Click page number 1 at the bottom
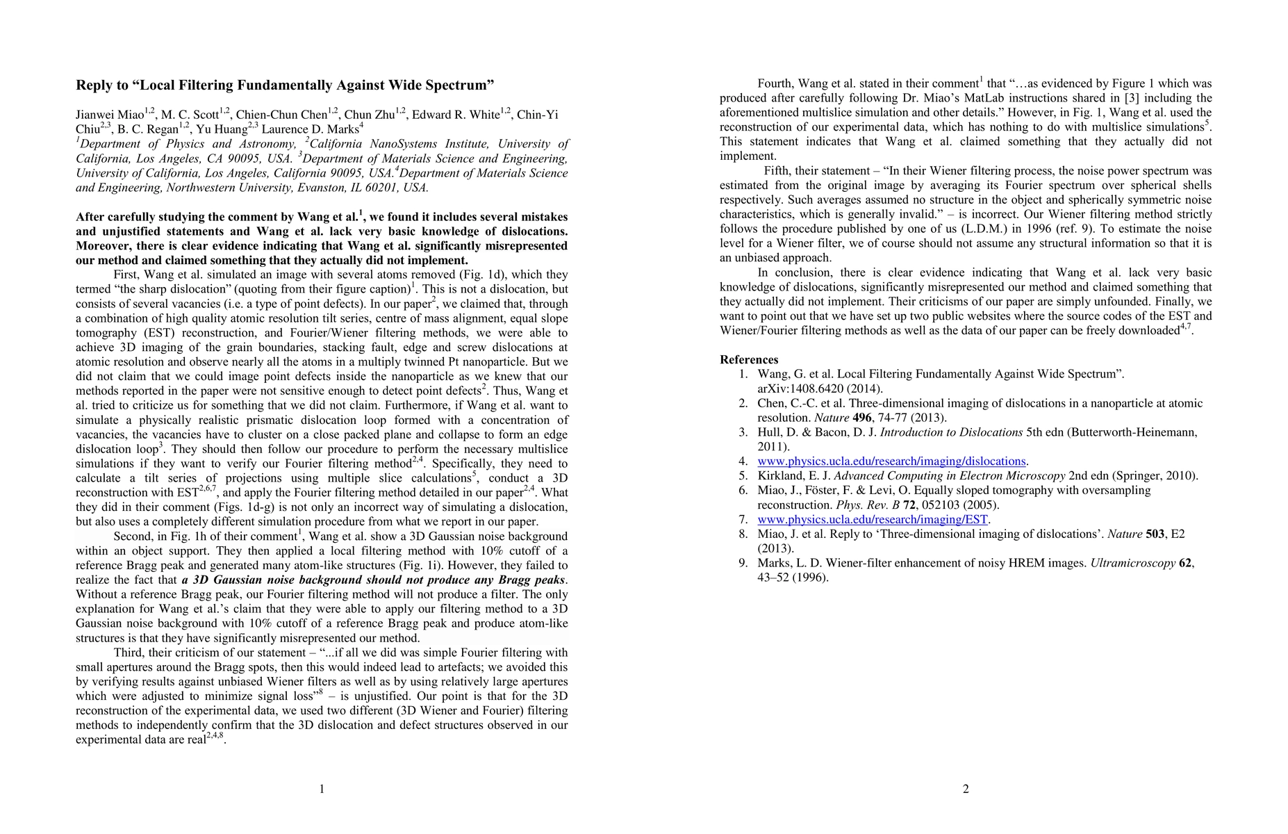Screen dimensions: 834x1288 [322, 789]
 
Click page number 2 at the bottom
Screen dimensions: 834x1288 [966, 789]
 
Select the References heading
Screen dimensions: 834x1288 [749, 359]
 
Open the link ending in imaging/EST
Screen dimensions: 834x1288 [872, 520]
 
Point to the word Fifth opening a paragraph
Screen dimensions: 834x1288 [779, 171]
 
